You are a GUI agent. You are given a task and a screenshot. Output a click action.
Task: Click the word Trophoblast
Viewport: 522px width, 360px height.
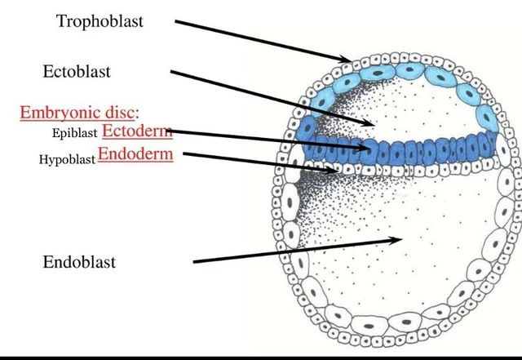click(x=100, y=21)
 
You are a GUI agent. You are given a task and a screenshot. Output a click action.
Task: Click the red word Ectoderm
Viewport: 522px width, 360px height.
click(x=136, y=131)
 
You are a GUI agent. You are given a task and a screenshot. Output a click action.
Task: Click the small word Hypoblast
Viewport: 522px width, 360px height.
click(x=66, y=159)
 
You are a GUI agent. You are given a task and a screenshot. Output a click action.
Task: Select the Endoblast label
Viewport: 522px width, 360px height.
click(x=78, y=262)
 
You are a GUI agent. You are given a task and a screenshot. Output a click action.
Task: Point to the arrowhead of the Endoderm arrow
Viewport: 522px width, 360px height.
click(x=334, y=171)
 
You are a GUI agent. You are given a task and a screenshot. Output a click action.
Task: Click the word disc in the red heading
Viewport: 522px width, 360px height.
click(x=122, y=113)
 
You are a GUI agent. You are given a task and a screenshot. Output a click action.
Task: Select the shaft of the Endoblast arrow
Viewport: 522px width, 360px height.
click(x=294, y=251)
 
